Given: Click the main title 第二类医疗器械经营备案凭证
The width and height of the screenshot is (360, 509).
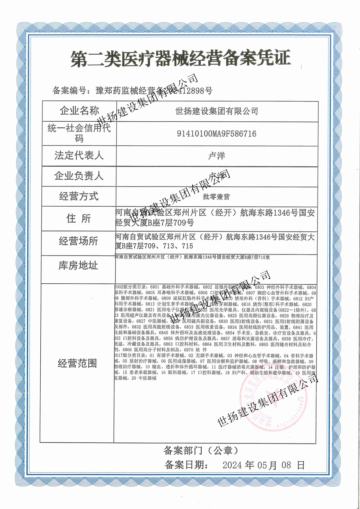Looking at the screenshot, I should point(180,59).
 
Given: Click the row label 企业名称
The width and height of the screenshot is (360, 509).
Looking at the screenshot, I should point(79,111).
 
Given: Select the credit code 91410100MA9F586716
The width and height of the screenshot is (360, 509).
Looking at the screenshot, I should point(216,134).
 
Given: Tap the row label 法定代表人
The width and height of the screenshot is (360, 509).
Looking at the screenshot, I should point(79,156).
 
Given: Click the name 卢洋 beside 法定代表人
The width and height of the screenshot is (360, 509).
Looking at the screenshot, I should point(216,156).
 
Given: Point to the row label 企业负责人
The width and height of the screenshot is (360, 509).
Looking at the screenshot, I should point(79,176).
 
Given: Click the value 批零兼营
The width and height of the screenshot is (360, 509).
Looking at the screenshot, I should point(216,197).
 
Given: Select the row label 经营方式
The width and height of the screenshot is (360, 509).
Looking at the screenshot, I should point(79,197).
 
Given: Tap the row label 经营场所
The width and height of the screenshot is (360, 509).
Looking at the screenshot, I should point(78,241).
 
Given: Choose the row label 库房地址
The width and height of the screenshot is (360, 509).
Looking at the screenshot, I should point(78,266).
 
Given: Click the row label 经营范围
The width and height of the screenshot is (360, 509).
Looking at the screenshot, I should point(77,363).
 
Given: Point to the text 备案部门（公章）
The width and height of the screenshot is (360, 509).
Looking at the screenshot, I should point(201,450).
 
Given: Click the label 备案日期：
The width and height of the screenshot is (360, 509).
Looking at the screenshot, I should point(187,465).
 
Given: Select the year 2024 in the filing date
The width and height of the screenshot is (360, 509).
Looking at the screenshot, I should point(232,465).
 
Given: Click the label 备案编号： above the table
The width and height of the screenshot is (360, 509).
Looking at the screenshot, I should point(73,90).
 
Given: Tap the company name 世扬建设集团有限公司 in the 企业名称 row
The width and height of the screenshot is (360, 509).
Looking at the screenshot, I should point(216,111).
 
